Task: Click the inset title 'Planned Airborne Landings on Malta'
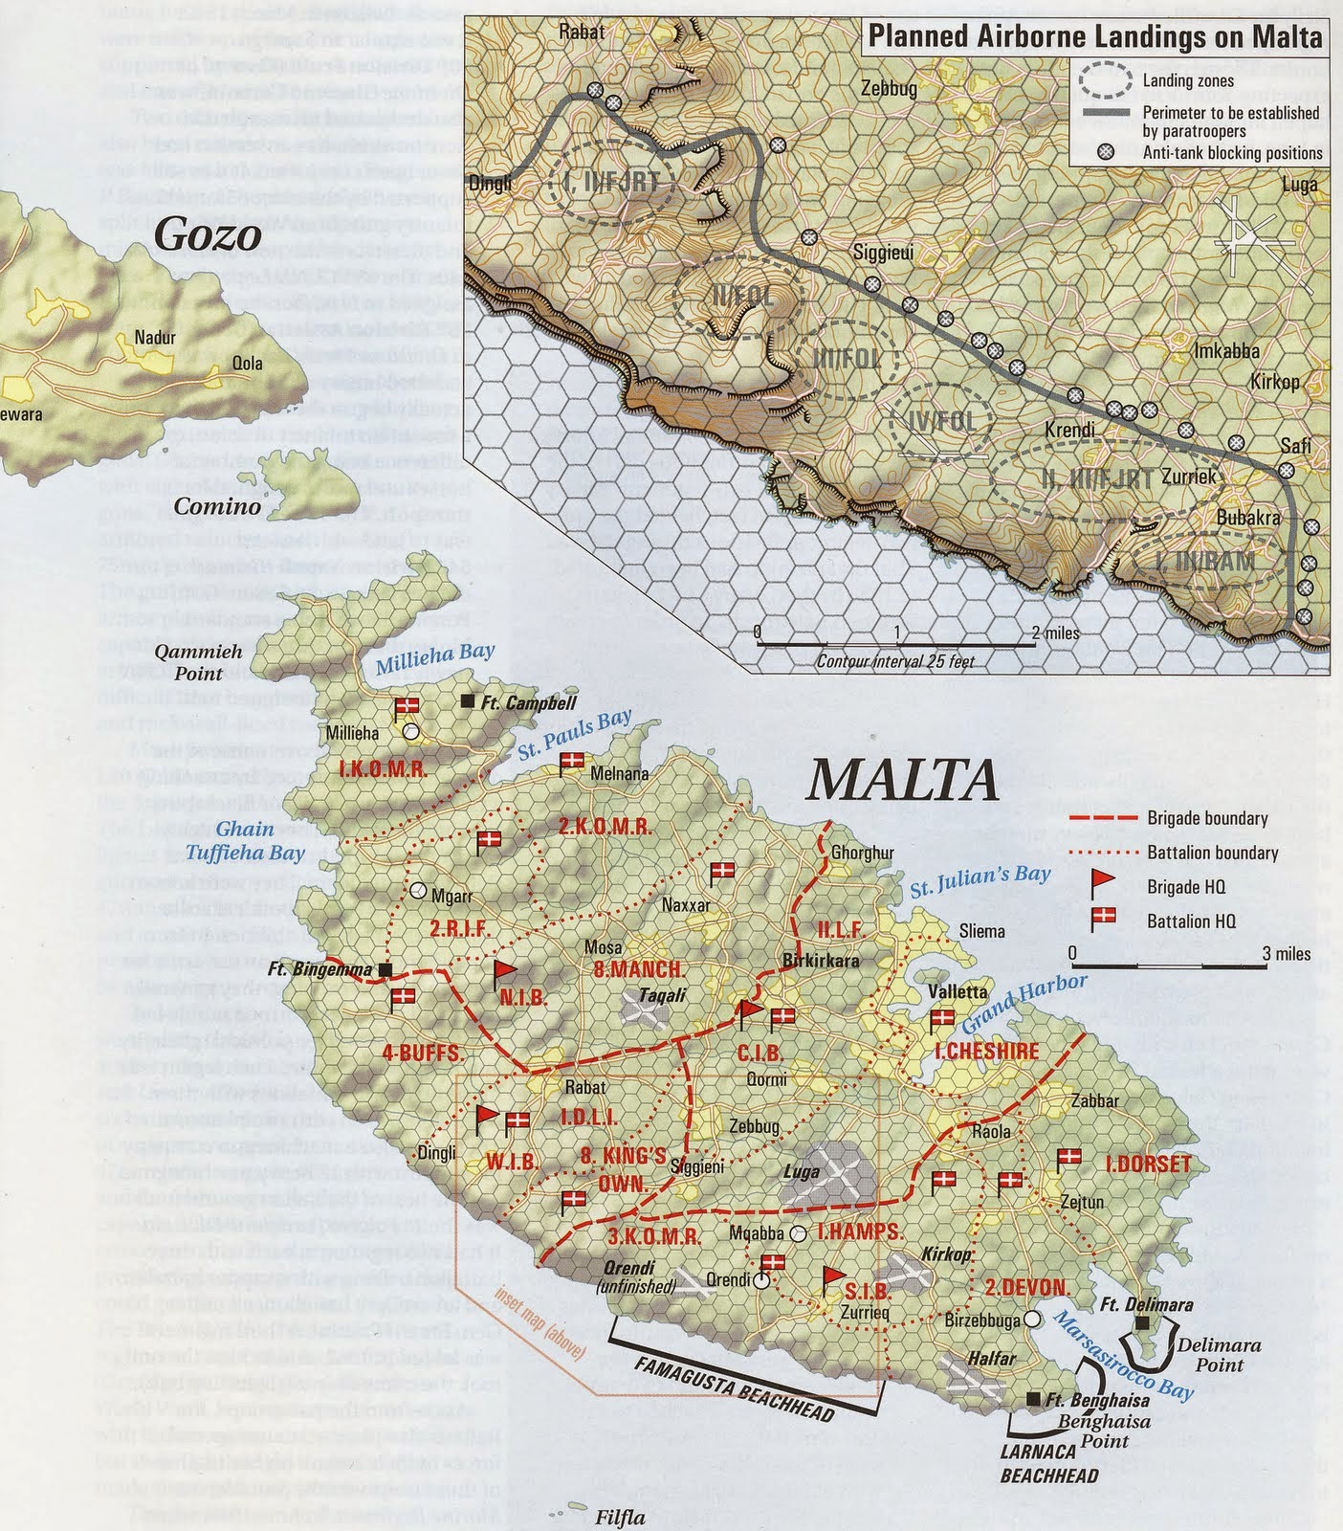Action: [1095, 37]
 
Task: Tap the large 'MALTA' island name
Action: [903, 781]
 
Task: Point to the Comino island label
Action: [217, 507]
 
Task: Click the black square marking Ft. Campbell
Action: [468, 701]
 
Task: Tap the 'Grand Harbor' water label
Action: [1024, 1003]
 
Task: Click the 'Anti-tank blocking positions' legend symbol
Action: [1106, 152]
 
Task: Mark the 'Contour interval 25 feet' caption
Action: [895, 661]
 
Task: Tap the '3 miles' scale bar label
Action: [1286, 953]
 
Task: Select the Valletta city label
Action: [958, 991]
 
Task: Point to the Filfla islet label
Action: [620, 1518]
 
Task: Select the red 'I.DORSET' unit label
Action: [1147, 1165]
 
